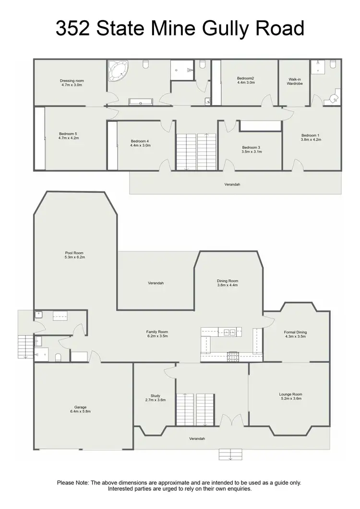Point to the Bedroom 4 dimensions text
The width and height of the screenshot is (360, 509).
point(141,145)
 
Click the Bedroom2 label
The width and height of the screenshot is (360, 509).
point(245,78)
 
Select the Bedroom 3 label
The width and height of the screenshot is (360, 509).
point(252,147)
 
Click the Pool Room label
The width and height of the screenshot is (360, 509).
point(74,253)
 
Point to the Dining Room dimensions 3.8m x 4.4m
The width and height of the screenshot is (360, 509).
point(228,285)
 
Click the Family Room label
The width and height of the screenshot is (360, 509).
point(157,331)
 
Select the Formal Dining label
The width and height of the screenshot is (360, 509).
point(295,332)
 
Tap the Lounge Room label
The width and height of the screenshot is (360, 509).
point(291,394)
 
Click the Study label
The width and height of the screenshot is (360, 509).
point(155,396)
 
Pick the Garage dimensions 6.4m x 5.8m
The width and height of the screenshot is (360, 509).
point(80,412)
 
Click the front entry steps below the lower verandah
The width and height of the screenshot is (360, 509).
point(230,454)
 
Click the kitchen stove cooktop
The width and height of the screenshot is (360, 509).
point(233,355)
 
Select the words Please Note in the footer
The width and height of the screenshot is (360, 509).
point(72,483)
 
